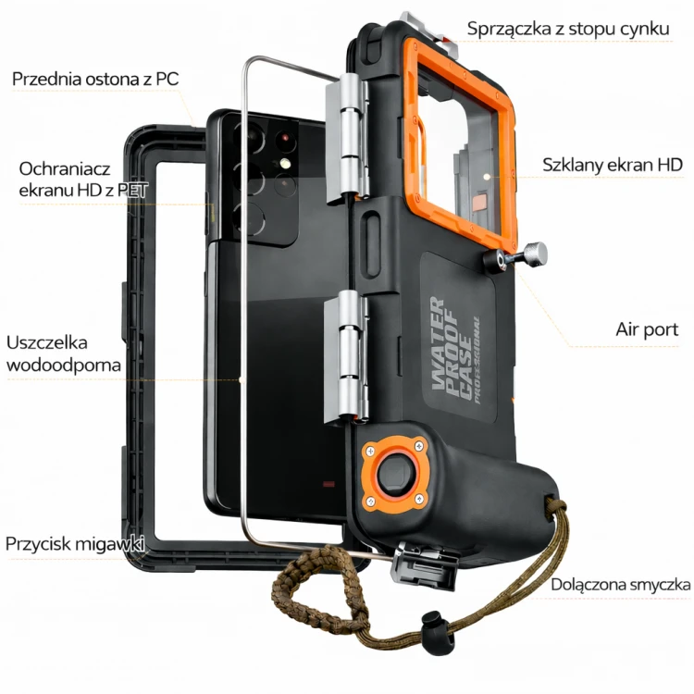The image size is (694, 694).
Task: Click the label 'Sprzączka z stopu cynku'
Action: pos(568,29)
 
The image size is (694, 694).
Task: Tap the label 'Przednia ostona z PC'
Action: pos(95,79)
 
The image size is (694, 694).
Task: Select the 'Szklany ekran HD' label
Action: pos(613,165)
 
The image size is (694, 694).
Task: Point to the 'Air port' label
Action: pos(647,329)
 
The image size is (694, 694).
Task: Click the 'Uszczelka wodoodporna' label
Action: pos(63,353)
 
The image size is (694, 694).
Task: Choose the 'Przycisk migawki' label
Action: pos(75,543)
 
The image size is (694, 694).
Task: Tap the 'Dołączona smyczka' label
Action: pos(621,585)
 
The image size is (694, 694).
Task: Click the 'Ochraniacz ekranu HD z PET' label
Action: pos(82,180)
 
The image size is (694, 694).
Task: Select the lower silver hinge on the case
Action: pos(347,357)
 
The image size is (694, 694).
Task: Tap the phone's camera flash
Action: pos(284,164)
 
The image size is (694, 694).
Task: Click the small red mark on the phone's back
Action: pos(328,484)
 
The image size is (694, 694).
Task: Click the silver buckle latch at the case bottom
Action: pos(423,566)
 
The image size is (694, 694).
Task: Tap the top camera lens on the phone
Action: pos(253,138)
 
